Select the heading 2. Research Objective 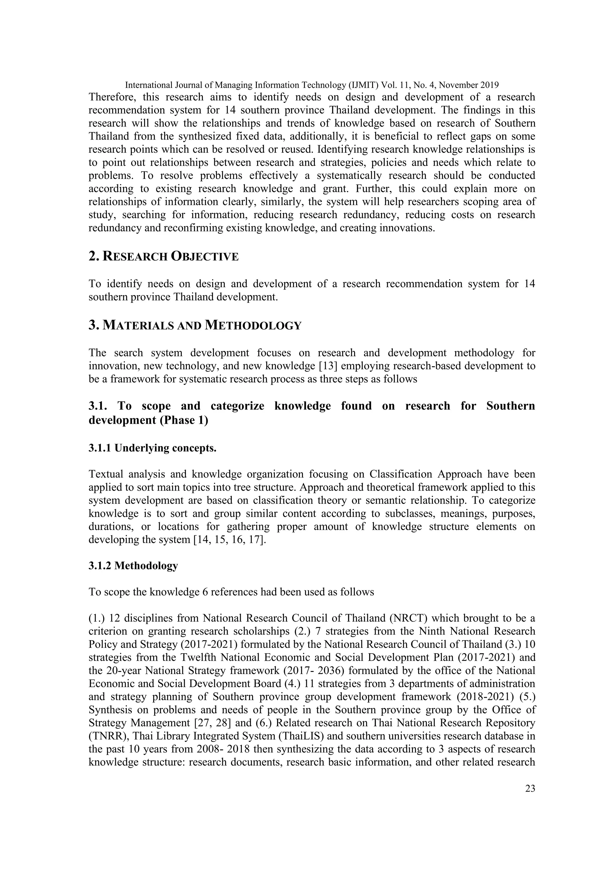(x=164, y=257)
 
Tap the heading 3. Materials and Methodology (x=195, y=325)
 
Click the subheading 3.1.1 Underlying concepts (x=152, y=448)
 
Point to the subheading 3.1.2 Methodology (x=133, y=566)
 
